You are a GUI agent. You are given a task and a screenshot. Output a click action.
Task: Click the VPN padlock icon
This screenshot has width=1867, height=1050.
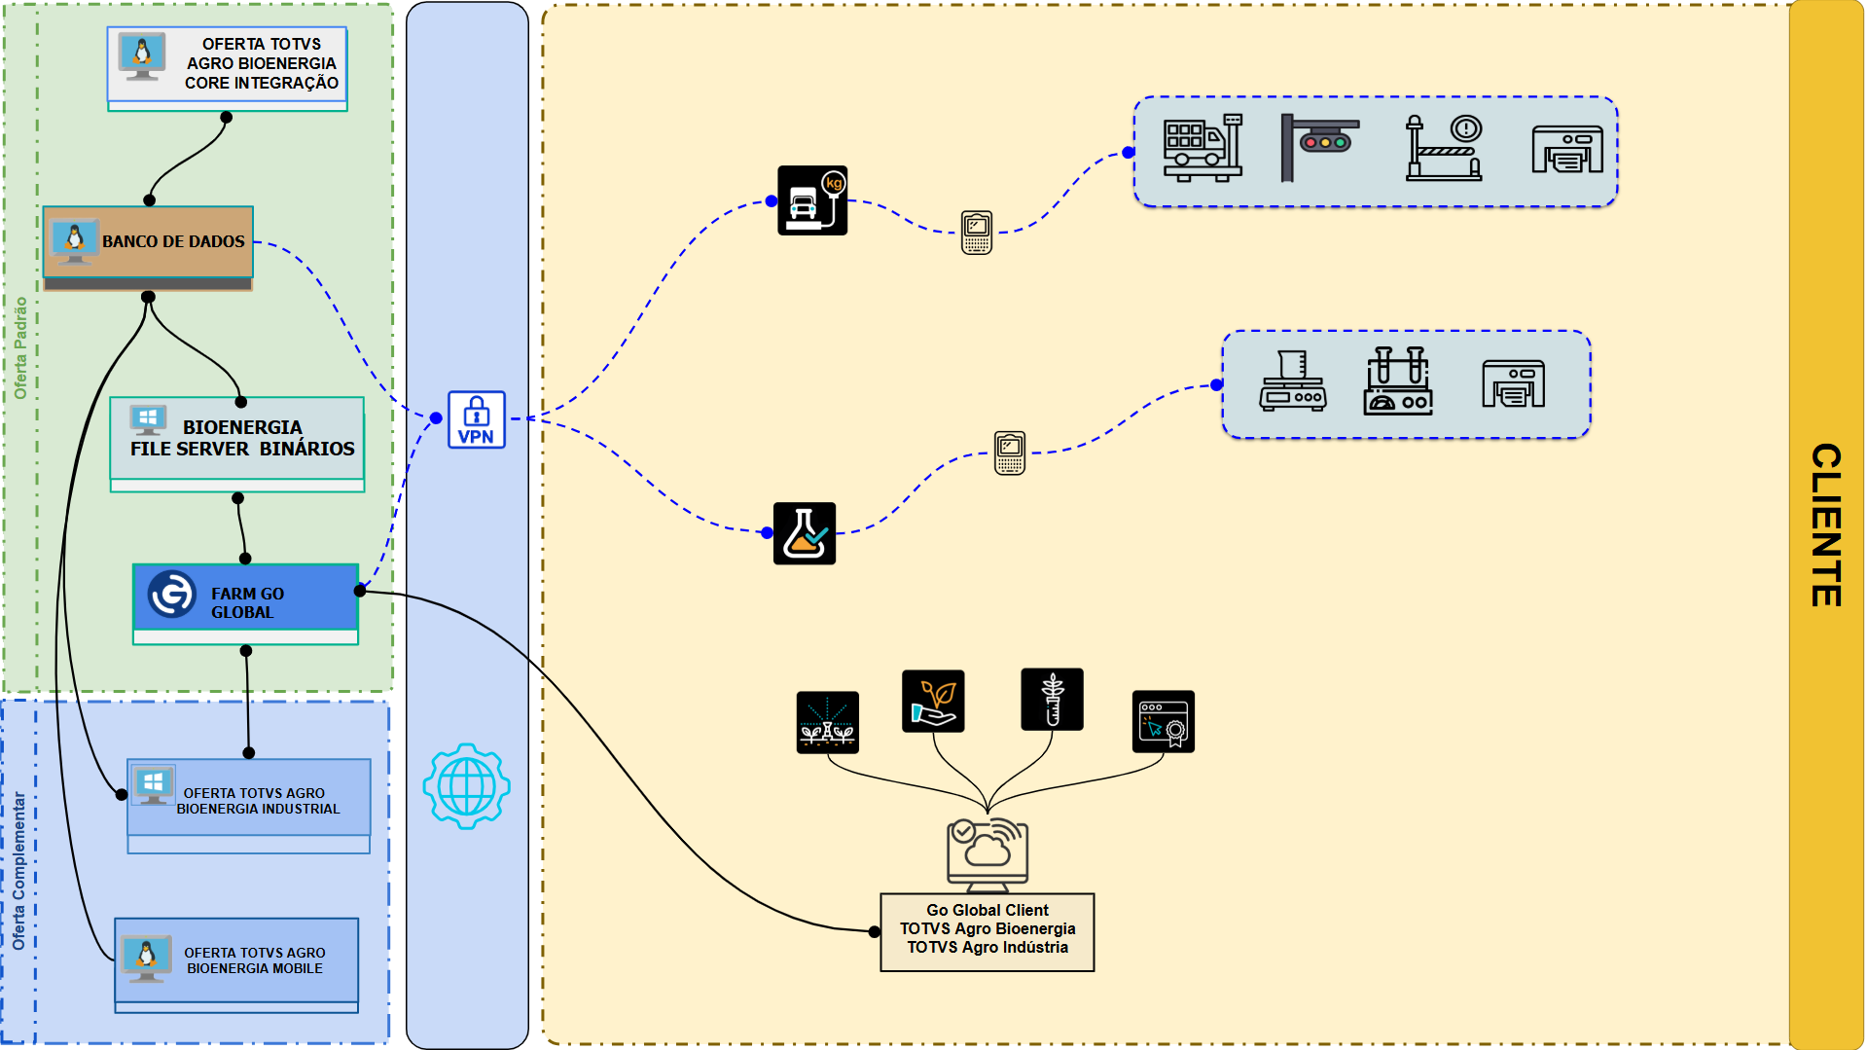(x=476, y=419)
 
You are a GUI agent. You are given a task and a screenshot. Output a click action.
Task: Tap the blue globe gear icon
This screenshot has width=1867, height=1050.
(x=467, y=785)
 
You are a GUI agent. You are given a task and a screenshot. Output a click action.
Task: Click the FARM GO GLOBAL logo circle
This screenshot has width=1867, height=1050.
(x=172, y=594)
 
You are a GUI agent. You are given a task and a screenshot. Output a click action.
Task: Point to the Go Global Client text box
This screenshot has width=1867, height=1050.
(x=987, y=930)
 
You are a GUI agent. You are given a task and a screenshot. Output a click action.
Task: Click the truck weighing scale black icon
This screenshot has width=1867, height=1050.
(x=812, y=200)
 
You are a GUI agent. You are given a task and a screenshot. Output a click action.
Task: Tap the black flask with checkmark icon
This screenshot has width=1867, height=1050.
(x=805, y=533)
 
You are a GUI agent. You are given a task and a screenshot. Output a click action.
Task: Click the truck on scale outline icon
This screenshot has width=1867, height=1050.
(x=1203, y=148)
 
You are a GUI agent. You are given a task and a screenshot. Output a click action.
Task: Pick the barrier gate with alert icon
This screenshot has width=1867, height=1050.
(x=1444, y=148)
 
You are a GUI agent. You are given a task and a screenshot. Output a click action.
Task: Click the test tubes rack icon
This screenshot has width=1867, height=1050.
(x=1398, y=381)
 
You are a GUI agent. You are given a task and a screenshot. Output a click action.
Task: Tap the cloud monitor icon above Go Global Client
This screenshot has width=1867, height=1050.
(x=987, y=853)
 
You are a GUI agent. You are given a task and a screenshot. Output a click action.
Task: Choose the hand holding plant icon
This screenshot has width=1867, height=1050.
(x=933, y=701)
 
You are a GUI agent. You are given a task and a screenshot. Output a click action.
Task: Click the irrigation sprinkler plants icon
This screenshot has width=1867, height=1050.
(x=827, y=722)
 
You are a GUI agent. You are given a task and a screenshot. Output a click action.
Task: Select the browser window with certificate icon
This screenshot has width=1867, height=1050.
(x=1163, y=722)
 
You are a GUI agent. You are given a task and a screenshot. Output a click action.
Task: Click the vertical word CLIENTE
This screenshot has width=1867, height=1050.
(x=1826, y=525)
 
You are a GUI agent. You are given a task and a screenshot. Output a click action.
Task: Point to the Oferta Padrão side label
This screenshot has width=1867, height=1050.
(x=20, y=347)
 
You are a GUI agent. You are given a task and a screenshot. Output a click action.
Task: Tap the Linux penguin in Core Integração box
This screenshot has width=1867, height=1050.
(x=142, y=54)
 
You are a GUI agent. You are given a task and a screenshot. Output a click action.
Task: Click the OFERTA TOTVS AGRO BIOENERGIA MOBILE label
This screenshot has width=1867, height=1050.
(x=255, y=960)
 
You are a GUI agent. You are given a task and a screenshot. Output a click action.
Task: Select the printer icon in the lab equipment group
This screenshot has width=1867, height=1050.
(x=1513, y=383)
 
